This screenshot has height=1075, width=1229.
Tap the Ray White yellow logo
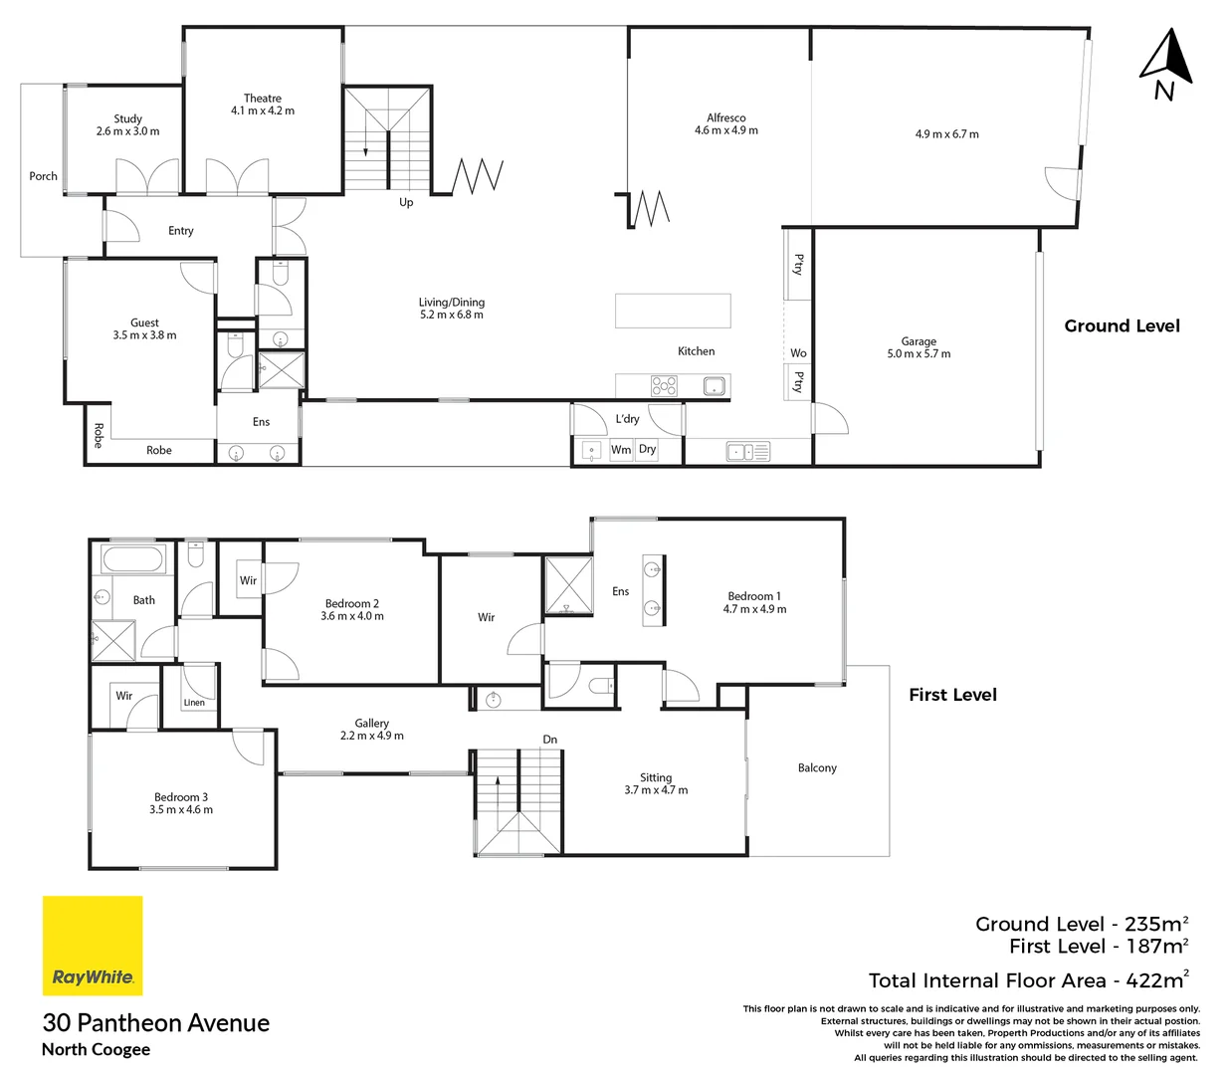[x=93, y=946]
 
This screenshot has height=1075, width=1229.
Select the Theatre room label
[x=263, y=99]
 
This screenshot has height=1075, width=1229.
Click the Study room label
[x=127, y=118]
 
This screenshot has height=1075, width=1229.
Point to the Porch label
[x=43, y=176]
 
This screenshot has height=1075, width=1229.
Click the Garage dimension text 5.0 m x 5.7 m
[x=919, y=354]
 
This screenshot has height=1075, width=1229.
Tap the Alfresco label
[x=725, y=117]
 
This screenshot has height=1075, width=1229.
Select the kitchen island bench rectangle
[x=673, y=311]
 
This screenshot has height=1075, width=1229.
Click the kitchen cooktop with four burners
[x=664, y=386]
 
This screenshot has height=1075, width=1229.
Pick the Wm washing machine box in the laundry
[x=621, y=450]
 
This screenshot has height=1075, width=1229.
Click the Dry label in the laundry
[x=648, y=450]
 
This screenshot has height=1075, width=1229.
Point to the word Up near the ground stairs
[x=406, y=202]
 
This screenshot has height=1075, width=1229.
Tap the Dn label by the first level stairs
[x=550, y=740]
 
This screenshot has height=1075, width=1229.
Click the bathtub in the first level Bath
[x=133, y=559]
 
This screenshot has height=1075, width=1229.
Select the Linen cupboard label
[x=194, y=703]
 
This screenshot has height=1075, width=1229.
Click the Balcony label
[x=817, y=768]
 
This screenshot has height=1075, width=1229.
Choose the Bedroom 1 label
[x=754, y=596]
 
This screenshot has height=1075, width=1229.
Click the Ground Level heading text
[x=1122, y=325]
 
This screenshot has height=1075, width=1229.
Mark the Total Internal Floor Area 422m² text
[x=1028, y=980]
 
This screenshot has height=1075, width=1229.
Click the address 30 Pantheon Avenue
[x=156, y=1023]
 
